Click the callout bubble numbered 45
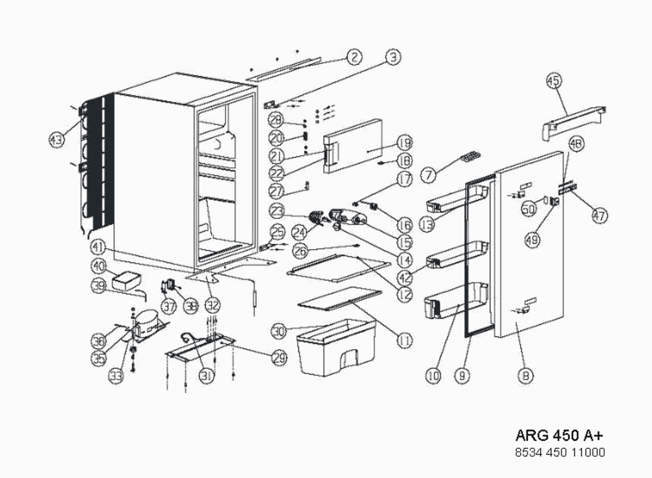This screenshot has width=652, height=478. pyautogui.click(x=553, y=81)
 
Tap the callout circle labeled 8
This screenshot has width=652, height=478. pyautogui.click(x=526, y=375)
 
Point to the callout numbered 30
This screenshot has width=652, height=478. pyautogui.click(x=279, y=332)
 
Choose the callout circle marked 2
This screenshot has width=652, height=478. pyautogui.click(x=354, y=57)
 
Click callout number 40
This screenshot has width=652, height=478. pyautogui.click(x=99, y=266)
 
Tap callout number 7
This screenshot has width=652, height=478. pyautogui.click(x=429, y=175)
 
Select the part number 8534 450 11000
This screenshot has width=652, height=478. pyautogui.click(x=559, y=452)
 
